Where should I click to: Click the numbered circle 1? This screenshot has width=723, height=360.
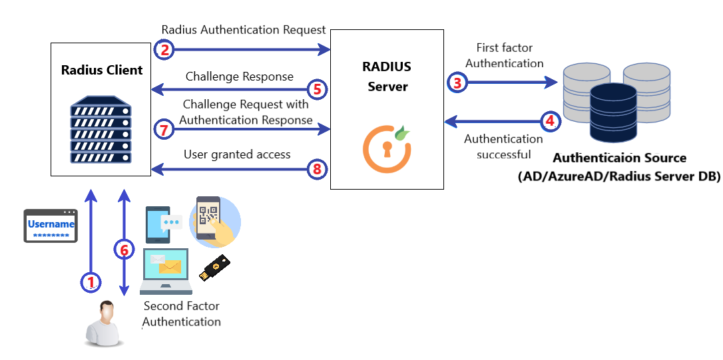(91, 282)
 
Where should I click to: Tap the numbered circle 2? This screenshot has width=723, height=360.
(164, 49)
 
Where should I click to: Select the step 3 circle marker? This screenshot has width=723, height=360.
(457, 83)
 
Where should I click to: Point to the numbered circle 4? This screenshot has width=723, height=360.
(549, 121)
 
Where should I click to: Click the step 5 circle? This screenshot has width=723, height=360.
(317, 89)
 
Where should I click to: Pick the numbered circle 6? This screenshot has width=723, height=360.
(124, 250)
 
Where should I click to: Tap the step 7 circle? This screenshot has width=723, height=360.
(164, 128)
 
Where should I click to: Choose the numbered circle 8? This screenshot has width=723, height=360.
(317, 169)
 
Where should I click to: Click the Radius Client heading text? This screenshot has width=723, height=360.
(102, 70)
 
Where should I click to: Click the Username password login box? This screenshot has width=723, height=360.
(51, 226)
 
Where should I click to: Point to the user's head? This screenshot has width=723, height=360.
(105, 311)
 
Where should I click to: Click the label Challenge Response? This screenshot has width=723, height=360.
(239, 77)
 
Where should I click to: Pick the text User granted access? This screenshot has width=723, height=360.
(237, 154)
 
